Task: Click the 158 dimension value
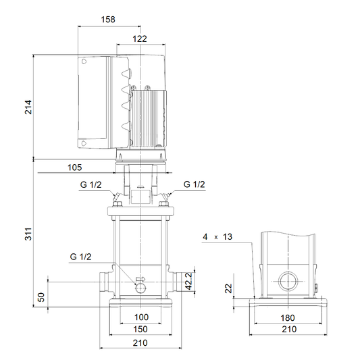tap(108, 20)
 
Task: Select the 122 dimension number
tap(140, 38)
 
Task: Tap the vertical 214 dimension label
tap(28, 107)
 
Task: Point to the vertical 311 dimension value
tap(28, 234)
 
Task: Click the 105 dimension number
tap(74, 168)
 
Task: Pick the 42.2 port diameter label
tap(189, 281)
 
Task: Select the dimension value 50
tap(41, 297)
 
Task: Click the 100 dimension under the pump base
tap(141, 317)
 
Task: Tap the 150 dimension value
tap(140, 329)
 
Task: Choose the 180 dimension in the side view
tap(288, 318)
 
